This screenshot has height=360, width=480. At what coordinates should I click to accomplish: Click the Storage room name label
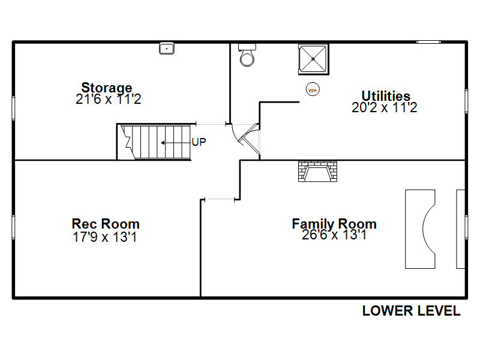(x=107, y=88)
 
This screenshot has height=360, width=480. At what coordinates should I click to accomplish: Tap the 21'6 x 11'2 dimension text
(x=109, y=99)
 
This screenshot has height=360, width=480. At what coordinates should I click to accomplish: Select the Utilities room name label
(x=386, y=96)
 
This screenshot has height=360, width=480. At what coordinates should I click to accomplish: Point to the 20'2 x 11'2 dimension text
(x=384, y=107)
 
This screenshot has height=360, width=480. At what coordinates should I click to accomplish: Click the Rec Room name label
(x=106, y=224)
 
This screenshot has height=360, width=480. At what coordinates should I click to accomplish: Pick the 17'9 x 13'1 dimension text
(x=104, y=237)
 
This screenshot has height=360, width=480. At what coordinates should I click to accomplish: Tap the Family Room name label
(x=334, y=224)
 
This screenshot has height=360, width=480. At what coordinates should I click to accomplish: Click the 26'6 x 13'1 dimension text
(x=334, y=235)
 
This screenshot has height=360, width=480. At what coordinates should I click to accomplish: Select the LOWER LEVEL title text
(x=411, y=311)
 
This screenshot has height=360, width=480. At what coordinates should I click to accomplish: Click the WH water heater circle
(x=313, y=89)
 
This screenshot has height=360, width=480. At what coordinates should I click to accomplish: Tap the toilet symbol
(x=247, y=55)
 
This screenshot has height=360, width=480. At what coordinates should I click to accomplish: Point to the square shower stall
(x=313, y=59)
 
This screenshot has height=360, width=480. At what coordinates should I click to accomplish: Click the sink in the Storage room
(x=167, y=49)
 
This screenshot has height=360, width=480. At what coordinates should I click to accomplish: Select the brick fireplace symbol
(x=318, y=171)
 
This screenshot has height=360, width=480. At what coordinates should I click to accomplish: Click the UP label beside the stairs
(x=199, y=142)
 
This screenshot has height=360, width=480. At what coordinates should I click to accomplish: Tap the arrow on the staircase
(x=176, y=143)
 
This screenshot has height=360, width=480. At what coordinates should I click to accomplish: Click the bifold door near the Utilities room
(x=250, y=139)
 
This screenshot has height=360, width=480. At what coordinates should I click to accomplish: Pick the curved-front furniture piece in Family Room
(x=420, y=229)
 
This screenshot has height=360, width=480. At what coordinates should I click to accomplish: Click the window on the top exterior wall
(x=428, y=42)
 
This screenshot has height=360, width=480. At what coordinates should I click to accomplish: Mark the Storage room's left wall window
(x=13, y=108)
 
